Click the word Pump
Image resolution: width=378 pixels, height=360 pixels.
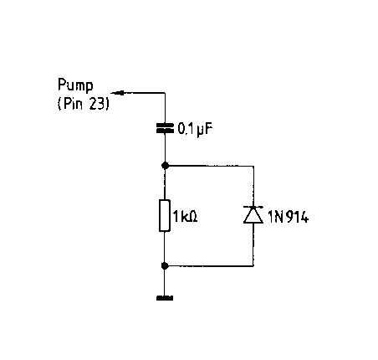pos(75,85)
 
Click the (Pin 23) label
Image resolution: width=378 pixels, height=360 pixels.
pos(83,104)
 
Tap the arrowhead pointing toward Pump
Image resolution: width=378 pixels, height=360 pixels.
pos(118,93)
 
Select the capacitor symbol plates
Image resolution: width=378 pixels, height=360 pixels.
pos(165,128)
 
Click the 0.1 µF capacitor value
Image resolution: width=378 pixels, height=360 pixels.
pos(195,129)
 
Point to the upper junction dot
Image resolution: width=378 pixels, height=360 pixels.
pos(166,166)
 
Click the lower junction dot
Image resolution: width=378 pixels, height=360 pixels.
pos(165,265)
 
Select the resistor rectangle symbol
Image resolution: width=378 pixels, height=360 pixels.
pos(165,215)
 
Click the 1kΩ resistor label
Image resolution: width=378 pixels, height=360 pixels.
pos(185,216)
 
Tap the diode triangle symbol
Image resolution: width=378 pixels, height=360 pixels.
pos(253,216)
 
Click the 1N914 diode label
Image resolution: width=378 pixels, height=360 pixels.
pos(288,217)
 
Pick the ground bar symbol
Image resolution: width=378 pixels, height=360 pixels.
pos(165,298)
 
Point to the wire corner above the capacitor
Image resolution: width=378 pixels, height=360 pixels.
pos(165,93)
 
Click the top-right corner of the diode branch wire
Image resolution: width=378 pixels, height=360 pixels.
pos(253,166)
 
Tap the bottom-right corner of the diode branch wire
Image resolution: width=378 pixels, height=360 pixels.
pos(253,266)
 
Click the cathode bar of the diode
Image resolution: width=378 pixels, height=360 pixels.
pos(253,207)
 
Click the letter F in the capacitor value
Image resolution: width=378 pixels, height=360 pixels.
pos(208,129)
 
